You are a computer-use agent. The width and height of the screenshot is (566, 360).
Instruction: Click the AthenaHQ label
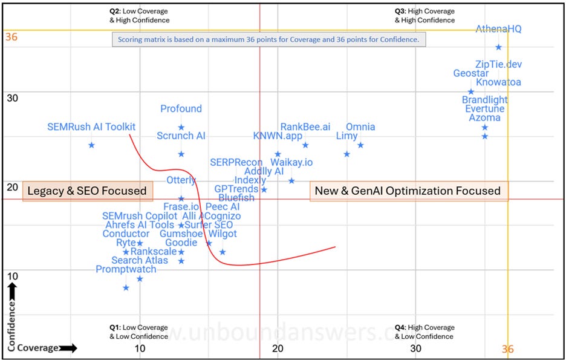[498, 29]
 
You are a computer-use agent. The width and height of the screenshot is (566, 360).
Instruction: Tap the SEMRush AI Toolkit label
[91, 127]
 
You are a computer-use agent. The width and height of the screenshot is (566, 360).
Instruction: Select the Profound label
[181, 109]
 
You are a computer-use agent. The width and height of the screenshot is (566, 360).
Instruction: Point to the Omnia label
[360, 127]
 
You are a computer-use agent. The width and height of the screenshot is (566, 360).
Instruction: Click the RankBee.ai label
[305, 127]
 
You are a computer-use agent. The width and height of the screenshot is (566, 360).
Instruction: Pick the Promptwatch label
[126, 269]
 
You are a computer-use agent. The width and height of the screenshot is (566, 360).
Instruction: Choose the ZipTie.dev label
[498, 65]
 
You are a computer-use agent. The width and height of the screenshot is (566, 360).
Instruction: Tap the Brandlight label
[484, 100]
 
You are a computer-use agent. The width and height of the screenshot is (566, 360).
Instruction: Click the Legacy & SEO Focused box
[87, 191]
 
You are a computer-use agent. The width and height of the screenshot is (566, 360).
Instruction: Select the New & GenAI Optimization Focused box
[409, 191]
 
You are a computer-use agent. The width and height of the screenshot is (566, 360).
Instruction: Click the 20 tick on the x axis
[278, 349]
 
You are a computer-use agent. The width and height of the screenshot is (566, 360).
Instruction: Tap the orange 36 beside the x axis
[509, 350]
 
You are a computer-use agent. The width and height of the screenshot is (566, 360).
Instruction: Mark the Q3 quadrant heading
[424, 16]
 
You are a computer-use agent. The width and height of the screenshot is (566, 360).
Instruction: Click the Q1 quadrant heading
[130, 332]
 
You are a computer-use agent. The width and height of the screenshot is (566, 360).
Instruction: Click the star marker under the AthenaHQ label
[498, 47]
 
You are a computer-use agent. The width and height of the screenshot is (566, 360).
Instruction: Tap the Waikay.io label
[291, 162]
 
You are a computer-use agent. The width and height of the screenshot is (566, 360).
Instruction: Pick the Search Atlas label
[140, 261]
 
